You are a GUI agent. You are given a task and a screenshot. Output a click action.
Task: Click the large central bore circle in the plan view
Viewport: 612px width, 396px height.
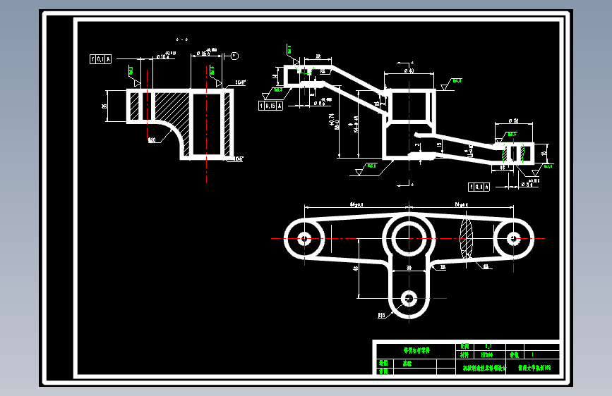(x=409, y=238)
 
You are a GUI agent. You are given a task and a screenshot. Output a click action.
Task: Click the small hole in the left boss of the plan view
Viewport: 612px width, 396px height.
(x=304, y=238)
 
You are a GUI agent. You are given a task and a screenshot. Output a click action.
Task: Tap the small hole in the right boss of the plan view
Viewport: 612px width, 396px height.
(x=513, y=238)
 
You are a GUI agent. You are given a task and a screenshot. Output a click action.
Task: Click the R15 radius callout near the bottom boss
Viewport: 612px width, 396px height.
(x=382, y=315)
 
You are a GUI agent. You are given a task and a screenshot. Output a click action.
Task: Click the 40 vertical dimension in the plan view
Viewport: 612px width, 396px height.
(x=356, y=268)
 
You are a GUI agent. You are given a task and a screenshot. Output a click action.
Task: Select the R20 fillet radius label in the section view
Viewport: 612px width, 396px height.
(x=152, y=140)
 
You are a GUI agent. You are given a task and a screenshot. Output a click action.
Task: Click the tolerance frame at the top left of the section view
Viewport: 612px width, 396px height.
(x=100, y=59)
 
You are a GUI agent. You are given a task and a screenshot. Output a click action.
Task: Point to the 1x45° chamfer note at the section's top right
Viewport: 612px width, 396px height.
(x=241, y=82)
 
